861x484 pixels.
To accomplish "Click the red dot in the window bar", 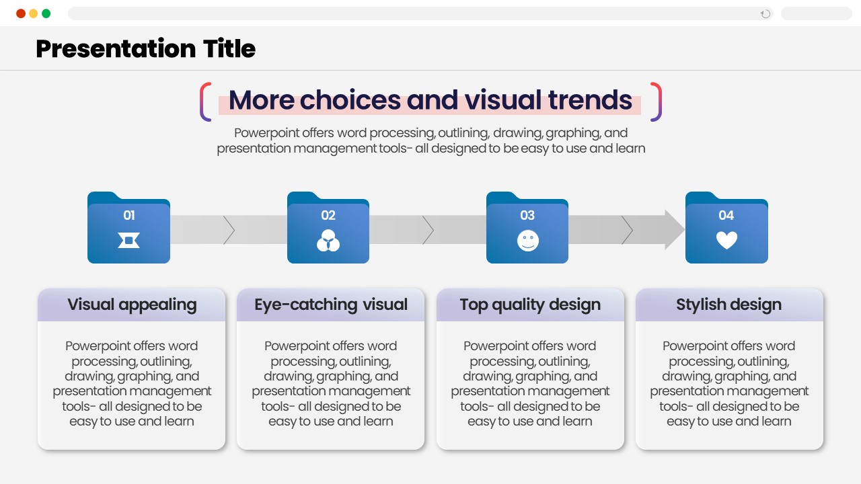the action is pyautogui.click(x=21, y=14).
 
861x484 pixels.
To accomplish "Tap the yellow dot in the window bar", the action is pyautogui.click(x=34, y=14).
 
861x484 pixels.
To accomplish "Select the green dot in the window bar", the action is pyautogui.click(x=46, y=14).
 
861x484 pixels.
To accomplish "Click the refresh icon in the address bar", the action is pyautogui.click(x=765, y=14).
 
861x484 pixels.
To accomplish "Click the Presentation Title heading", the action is pyautogui.click(x=146, y=49).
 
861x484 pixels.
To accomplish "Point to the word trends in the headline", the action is pyautogui.click(x=590, y=100).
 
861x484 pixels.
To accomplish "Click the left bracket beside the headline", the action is pyautogui.click(x=205, y=102).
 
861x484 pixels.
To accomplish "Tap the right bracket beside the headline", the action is pyautogui.click(x=656, y=102).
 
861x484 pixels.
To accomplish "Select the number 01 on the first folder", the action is pyautogui.click(x=129, y=215).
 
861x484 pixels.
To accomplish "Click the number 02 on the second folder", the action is pyautogui.click(x=328, y=215).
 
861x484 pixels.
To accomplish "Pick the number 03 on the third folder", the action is pyautogui.click(x=527, y=215).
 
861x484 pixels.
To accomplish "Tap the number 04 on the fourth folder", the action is pyautogui.click(x=726, y=215).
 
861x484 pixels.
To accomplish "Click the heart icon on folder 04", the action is pyautogui.click(x=727, y=240).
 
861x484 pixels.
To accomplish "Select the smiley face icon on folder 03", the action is pyautogui.click(x=528, y=241).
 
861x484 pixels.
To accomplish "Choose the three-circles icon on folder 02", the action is pyautogui.click(x=328, y=241).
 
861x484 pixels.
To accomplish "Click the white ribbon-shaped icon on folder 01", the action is pyautogui.click(x=128, y=241).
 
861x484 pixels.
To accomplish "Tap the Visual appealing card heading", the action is pyautogui.click(x=132, y=305).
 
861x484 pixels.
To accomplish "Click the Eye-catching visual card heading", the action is pyautogui.click(x=330, y=305).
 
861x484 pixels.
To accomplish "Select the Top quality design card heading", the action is pyautogui.click(x=530, y=305).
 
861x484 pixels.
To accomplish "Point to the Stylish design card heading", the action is pyautogui.click(x=728, y=305).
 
